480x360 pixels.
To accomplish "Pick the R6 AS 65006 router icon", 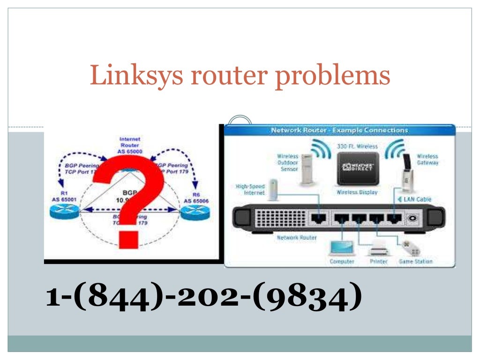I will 194,214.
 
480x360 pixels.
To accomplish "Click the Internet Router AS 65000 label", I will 130,145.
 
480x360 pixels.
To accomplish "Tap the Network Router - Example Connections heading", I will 339,130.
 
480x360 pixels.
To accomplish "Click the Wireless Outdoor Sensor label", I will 287,162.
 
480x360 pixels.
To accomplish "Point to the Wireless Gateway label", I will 427,159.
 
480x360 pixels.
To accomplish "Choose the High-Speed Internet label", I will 250,189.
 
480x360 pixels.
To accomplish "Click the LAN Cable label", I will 417,199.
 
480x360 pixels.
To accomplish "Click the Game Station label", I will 415,261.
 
